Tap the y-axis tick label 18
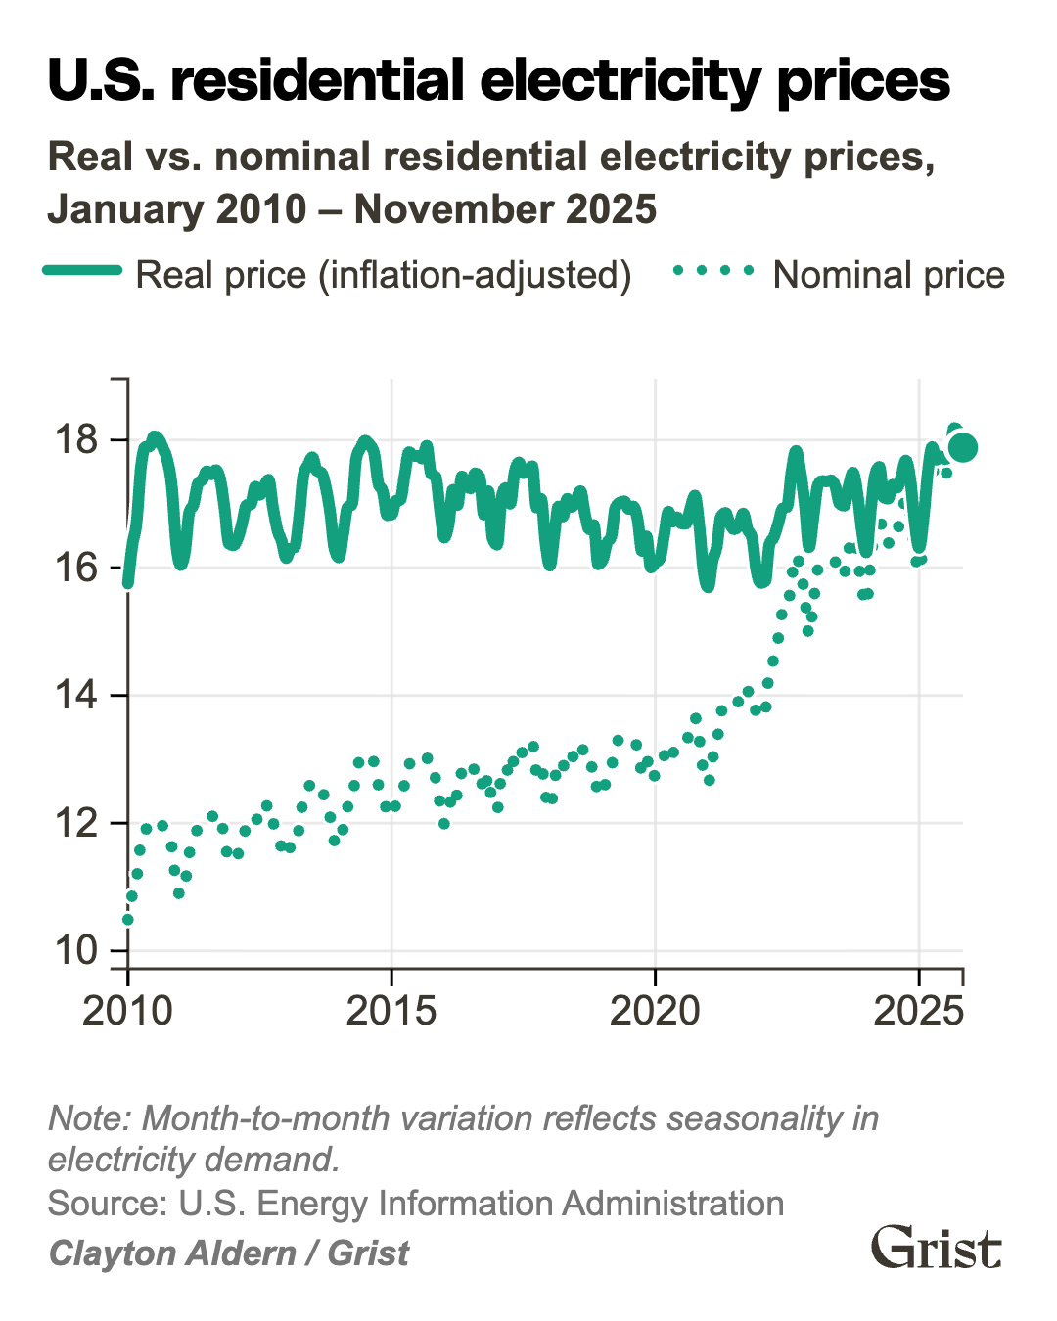click(x=78, y=440)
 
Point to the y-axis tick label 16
click(x=78, y=568)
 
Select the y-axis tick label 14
click(x=78, y=696)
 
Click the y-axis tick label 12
click(x=78, y=823)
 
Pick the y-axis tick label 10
click(x=78, y=950)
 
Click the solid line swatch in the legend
click(x=83, y=271)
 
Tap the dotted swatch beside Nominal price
click(x=713, y=271)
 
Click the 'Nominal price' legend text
click(x=889, y=276)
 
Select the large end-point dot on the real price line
click(x=963, y=447)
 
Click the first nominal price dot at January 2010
click(x=127, y=920)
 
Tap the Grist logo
click(x=937, y=1248)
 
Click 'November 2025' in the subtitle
click(x=505, y=209)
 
